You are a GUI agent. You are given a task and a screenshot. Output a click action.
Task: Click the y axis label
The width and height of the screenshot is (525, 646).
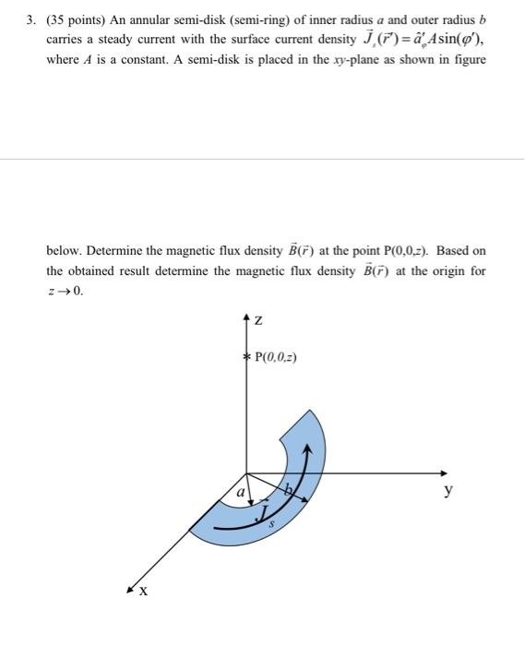[x=448, y=492]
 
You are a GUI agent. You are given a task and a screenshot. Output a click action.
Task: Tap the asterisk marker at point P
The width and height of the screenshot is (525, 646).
[x=245, y=357]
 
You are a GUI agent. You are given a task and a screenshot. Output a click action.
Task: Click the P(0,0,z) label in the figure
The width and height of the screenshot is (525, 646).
[x=276, y=358]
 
